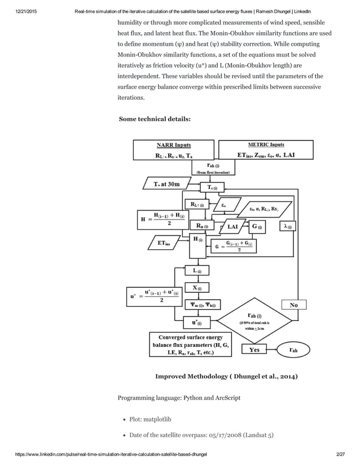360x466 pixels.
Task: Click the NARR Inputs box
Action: click(173, 150)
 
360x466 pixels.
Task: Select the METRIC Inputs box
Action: click(266, 150)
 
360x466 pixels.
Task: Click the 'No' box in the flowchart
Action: click(293, 305)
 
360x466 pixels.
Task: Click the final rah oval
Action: click(293, 350)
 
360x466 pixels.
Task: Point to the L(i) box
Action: click(198, 271)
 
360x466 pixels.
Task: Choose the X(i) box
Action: click(198, 288)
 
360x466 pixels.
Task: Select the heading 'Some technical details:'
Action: click(155, 119)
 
